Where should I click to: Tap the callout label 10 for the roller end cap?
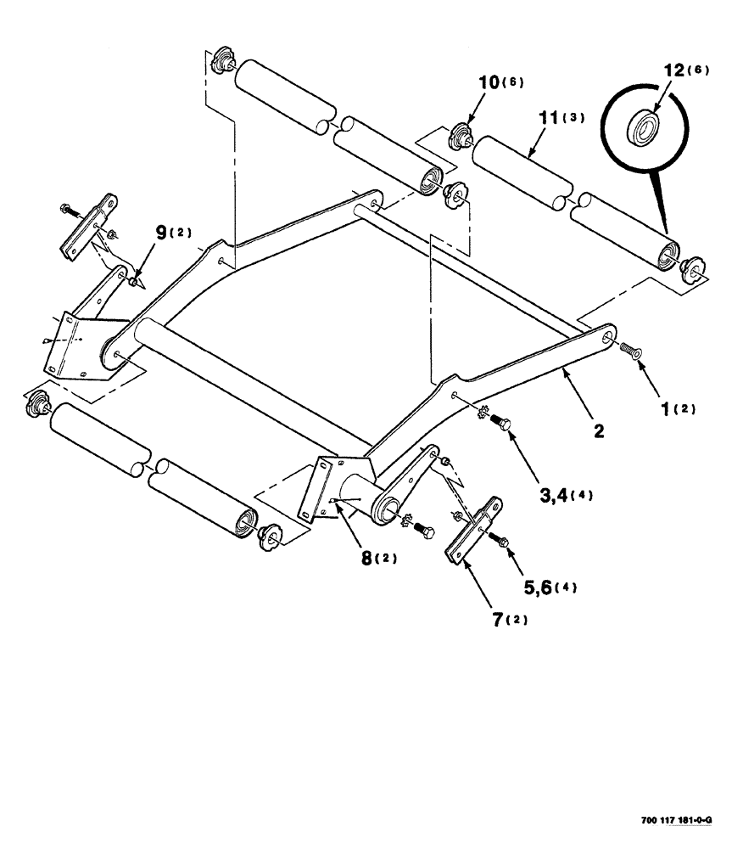pyautogui.click(x=492, y=82)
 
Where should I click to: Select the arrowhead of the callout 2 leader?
pyautogui.click(x=562, y=371)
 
